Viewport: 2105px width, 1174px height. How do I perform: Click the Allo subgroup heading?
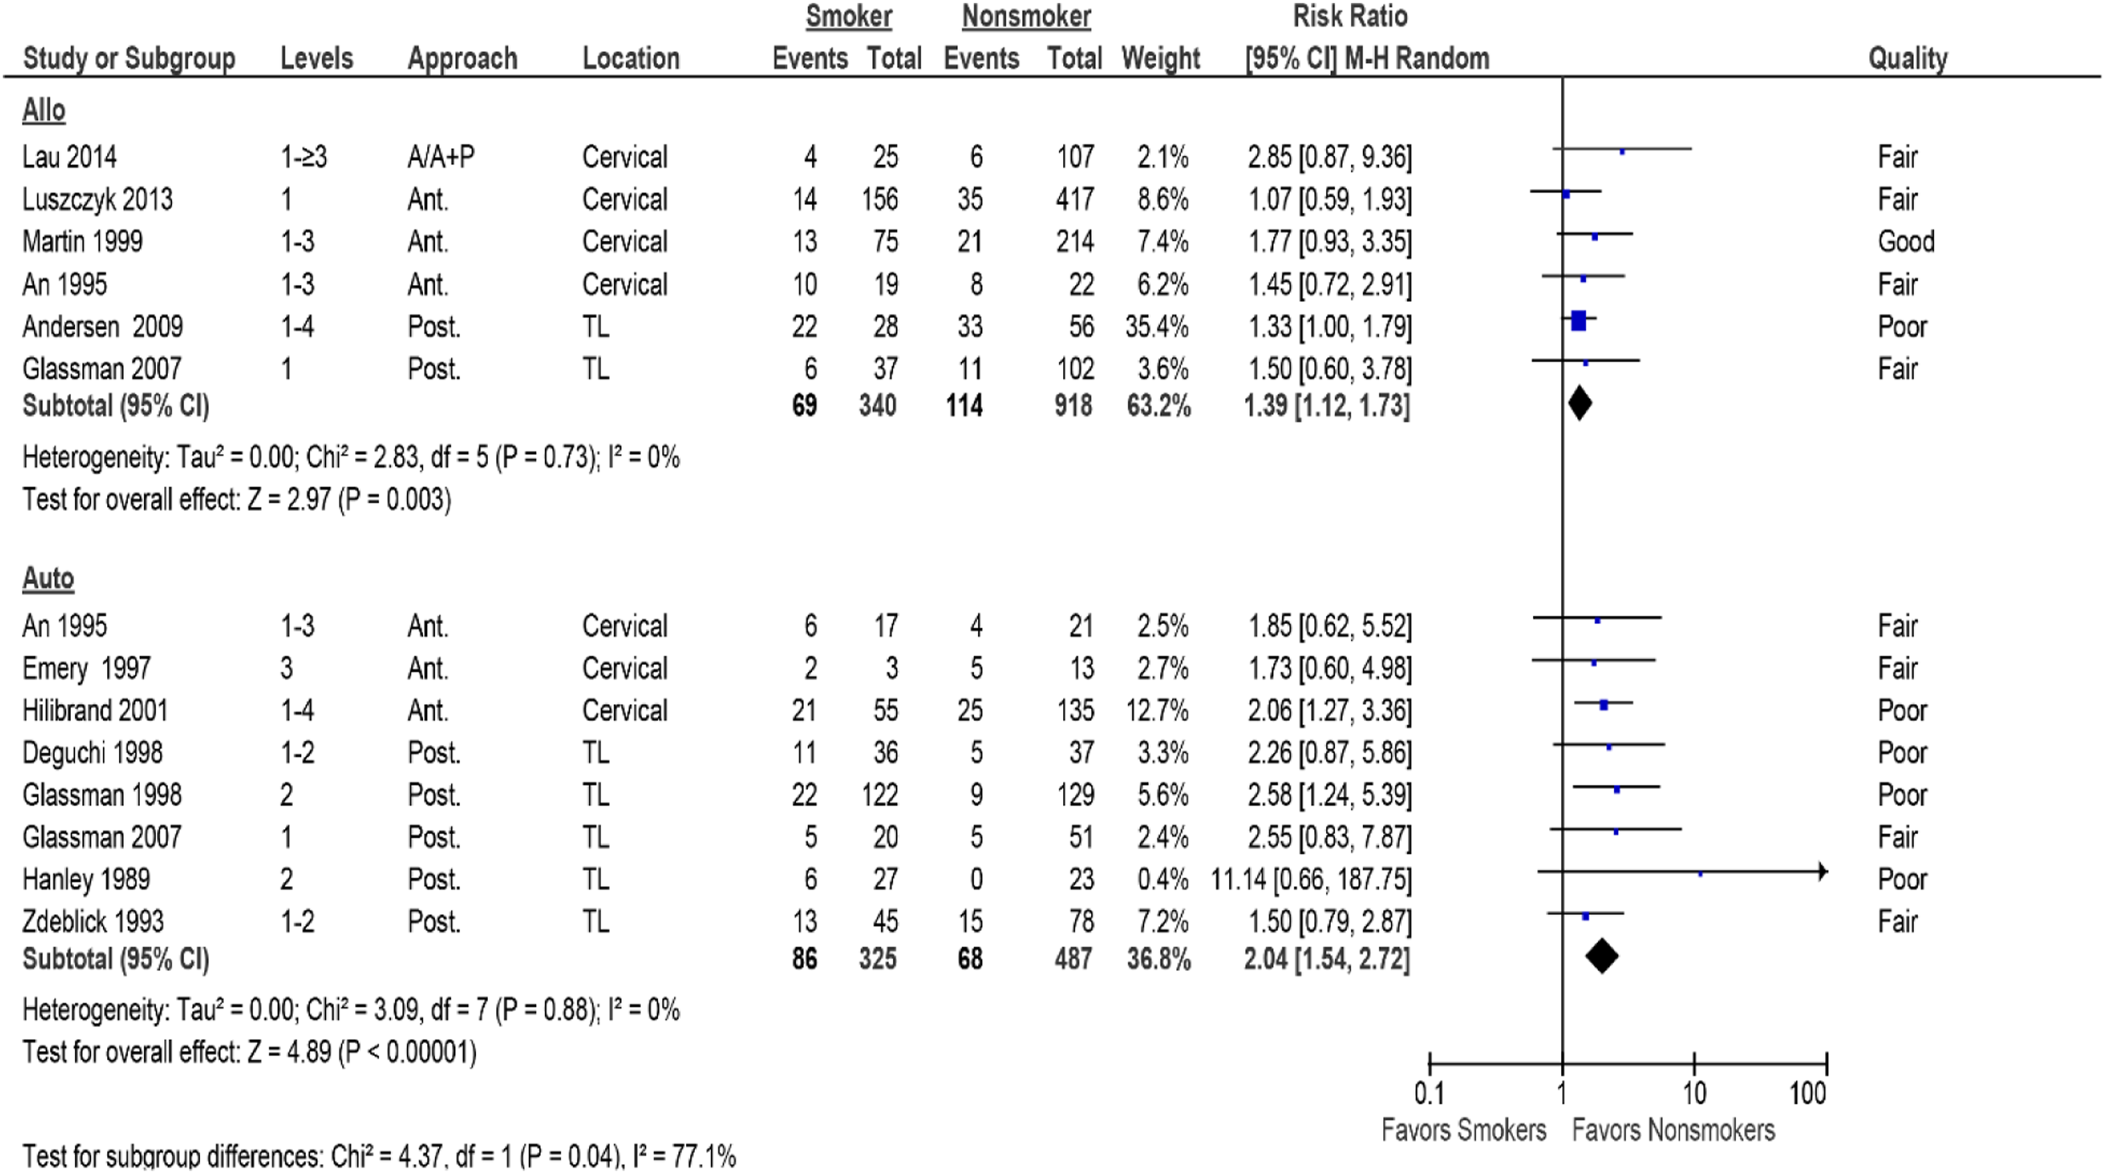(43, 110)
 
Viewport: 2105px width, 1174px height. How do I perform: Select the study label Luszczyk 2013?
(97, 200)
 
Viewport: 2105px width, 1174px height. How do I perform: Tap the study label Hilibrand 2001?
(95, 711)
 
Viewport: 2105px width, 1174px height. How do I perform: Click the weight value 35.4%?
(1156, 327)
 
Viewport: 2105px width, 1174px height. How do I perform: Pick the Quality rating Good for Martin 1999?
(1905, 242)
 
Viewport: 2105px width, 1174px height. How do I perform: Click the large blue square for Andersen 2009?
(1579, 321)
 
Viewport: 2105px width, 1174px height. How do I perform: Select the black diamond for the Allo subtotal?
(1579, 403)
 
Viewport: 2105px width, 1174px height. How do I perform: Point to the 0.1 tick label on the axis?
(1429, 1093)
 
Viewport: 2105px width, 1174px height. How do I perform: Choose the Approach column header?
(462, 59)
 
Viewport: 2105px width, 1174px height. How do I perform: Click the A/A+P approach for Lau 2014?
(441, 157)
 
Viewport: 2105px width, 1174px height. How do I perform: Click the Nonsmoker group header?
(1026, 16)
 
